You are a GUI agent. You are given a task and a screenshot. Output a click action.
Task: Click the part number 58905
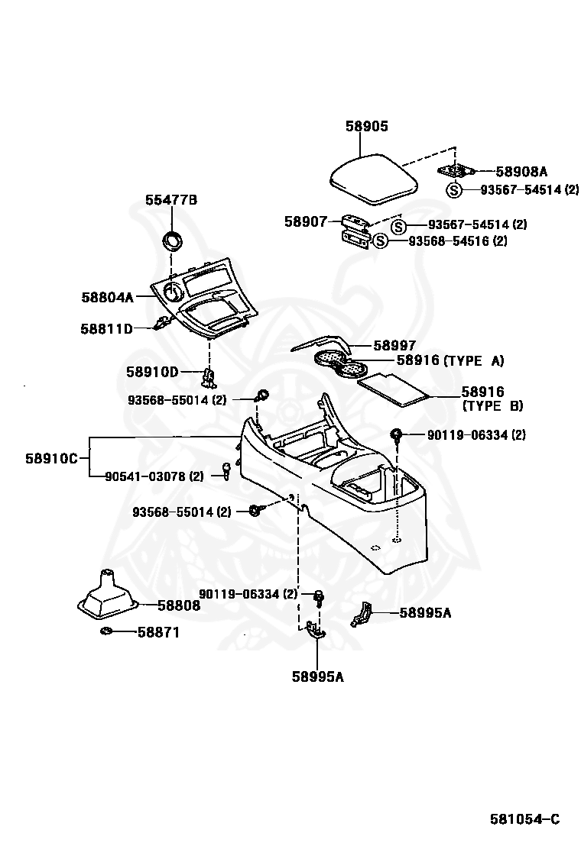click(x=367, y=126)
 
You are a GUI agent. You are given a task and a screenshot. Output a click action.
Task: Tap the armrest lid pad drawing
click(x=375, y=179)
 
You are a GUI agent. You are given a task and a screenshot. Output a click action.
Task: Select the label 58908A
click(x=521, y=172)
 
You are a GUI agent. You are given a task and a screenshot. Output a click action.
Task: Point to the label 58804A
click(x=107, y=297)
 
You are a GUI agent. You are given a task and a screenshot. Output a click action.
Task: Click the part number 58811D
click(x=107, y=328)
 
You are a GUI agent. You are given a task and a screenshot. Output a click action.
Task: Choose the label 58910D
click(x=152, y=372)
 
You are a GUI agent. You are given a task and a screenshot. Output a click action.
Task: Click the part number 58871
click(x=158, y=632)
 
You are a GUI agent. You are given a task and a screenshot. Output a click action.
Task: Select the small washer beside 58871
click(x=106, y=632)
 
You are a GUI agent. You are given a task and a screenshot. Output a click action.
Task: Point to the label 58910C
click(x=51, y=459)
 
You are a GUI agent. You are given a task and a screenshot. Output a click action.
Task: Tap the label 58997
click(x=394, y=345)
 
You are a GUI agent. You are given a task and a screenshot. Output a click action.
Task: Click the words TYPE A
click(x=474, y=360)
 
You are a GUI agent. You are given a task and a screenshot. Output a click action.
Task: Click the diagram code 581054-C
click(x=524, y=819)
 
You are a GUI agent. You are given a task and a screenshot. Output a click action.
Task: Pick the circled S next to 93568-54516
click(x=381, y=241)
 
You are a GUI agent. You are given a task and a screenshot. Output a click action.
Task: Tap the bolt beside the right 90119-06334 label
click(x=398, y=434)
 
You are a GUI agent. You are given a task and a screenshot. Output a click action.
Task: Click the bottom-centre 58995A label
click(x=317, y=676)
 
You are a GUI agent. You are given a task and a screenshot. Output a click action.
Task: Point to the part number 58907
click(x=307, y=221)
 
